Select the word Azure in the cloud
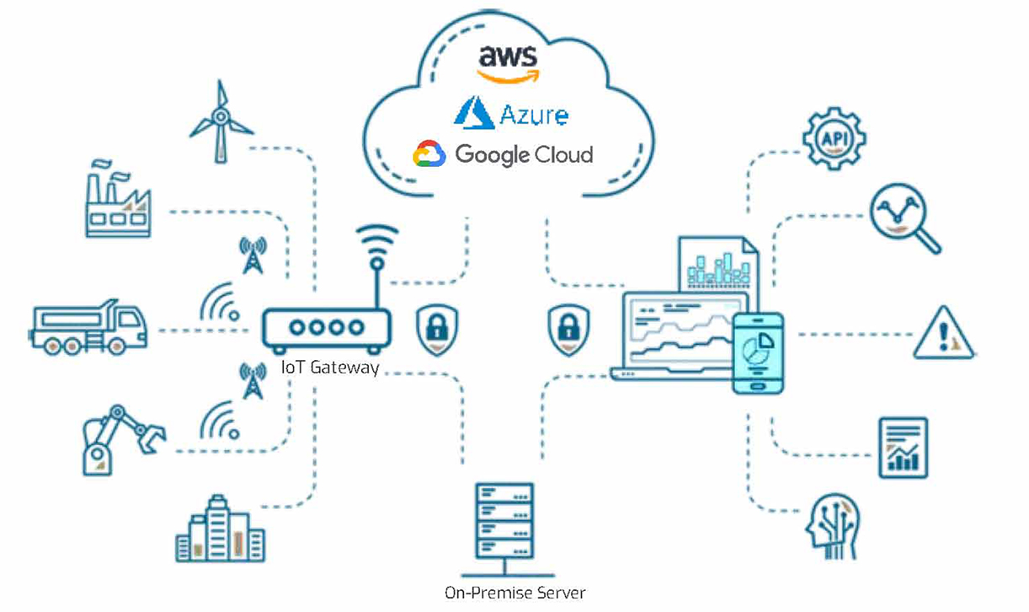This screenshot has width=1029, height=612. pyautogui.click(x=533, y=114)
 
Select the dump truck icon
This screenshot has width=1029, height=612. pyautogui.click(x=88, y=325)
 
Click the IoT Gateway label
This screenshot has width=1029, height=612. pyautogui.click(x=330, y=368)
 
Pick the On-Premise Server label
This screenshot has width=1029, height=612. pyautogui.click(x=514, y=592)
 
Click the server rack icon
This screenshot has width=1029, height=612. pyautogui.click(x=504, y=521)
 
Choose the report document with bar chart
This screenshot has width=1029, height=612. pyautogui.click(x=903, y=448)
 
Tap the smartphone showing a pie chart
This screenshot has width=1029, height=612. pyautogui.click(x=758, y=352)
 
